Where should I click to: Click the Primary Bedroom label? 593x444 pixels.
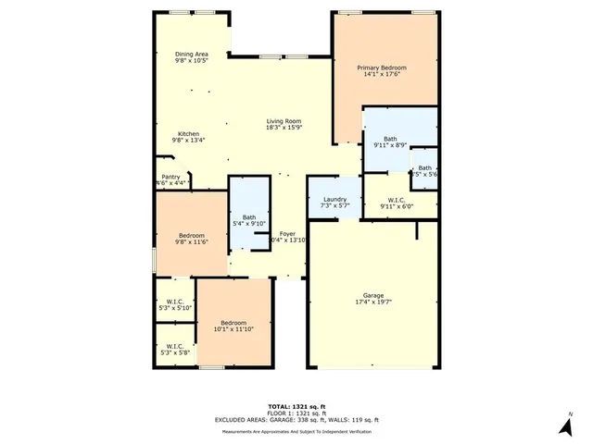(x=383, y=68)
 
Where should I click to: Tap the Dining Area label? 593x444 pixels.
(x=192, y=55)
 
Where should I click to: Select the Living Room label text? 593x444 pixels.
(x=284, y=121)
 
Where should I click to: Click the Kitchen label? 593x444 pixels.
(x=189, y=134)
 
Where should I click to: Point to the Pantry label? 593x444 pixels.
(x=170, y=177)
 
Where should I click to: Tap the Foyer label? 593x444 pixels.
(x=287, y=233)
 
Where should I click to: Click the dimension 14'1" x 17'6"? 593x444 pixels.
(x=383, y=74)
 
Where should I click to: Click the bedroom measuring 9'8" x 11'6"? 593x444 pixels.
(x=190, y=239)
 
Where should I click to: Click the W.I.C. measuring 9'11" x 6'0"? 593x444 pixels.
(x=398, y=203)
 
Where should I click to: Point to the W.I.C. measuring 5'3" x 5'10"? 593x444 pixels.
(x=173, y=304)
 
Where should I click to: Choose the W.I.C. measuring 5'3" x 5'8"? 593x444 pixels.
(x=173, y=350)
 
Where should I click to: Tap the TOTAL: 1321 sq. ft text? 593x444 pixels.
(x=296, y=406)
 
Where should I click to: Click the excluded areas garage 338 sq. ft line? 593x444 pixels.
(x=296, y=420)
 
